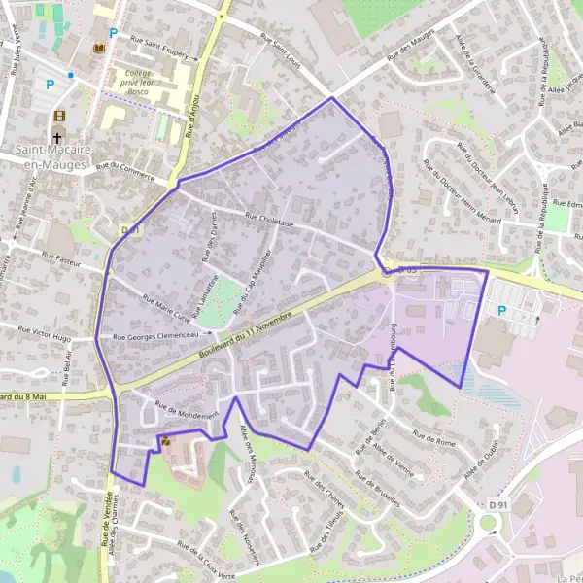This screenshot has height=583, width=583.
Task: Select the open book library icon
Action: (98, 49)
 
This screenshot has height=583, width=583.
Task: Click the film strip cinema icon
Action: (60, 117)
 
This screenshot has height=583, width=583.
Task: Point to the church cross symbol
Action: (60, 137)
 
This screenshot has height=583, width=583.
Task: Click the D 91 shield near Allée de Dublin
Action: (498, 504)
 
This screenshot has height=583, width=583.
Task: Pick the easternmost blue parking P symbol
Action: (501, 311)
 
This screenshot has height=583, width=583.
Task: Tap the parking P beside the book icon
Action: (114, 33)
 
